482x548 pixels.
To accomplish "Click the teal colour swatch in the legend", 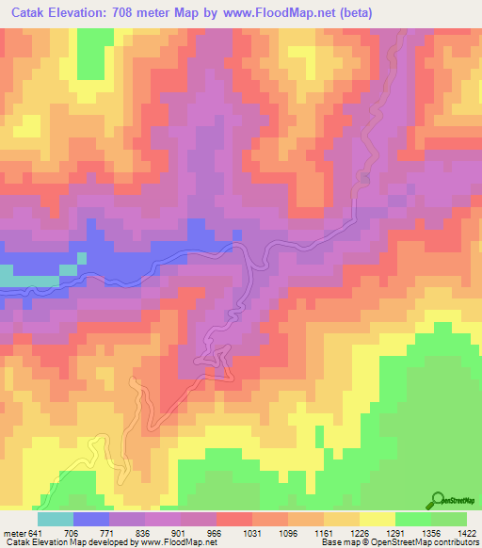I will coord(56,518).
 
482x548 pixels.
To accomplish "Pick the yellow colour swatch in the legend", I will coord(378,518).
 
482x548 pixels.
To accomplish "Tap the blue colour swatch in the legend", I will coord(91,518).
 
